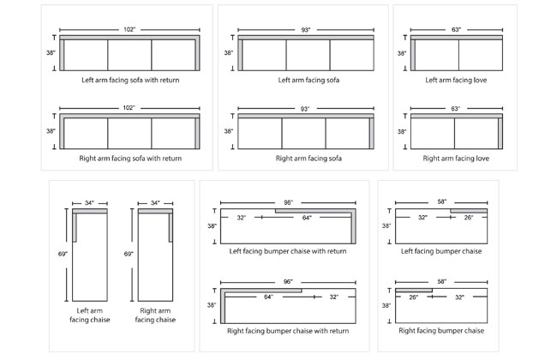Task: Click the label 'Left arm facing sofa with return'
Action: (131, 80)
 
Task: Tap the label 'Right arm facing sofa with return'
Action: (131, 159)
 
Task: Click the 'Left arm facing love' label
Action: (455, 80)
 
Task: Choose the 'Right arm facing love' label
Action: (455, 159)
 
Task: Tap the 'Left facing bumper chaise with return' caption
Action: (288, 251)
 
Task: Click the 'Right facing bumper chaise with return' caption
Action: (288, 330)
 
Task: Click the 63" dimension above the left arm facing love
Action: (455, 30)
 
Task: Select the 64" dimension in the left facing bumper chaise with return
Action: (306, 219)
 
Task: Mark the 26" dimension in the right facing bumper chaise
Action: (413, 297)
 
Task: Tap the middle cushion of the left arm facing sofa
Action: (308, 55)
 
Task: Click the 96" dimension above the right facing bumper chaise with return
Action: (289, 282)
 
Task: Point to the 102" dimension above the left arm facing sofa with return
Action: (131, 30)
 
